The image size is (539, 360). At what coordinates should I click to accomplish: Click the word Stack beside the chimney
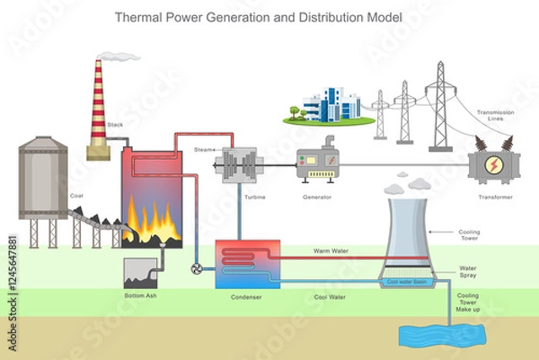pyautogui.click(x=115, y=125)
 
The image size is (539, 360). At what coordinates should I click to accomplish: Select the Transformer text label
pyautogui.click(x=490, y=196)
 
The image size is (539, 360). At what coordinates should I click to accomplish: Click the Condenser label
pyautogui.click(x=246, y=295)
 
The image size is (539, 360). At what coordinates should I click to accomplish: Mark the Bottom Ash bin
pyautogui.click(x=141, y=272)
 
